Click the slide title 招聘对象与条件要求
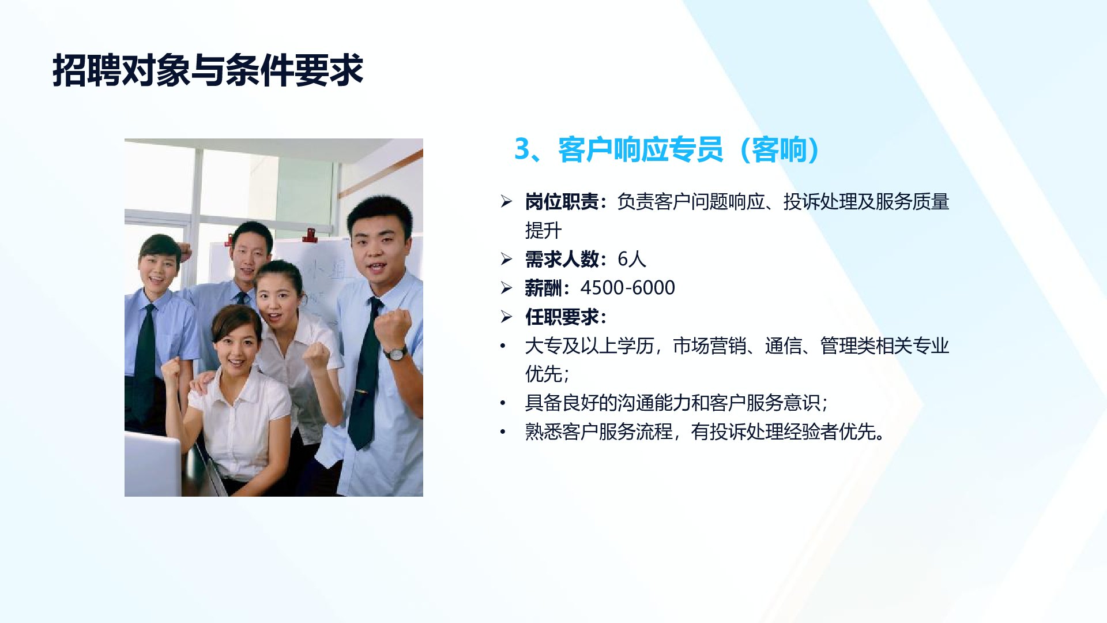[208, 70]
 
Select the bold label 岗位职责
[562, 202]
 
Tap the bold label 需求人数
[562, 260]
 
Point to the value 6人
[632, 260]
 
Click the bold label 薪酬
[543, 288]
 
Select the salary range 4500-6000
[628, 288]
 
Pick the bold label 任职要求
[562, 317]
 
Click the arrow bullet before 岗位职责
[506, 201]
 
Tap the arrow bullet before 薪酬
[506, 287]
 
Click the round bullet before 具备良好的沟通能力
[503, 403]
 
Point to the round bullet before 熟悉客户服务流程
[503, 431]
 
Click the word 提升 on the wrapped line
[543, 231]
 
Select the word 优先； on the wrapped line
[547, 374]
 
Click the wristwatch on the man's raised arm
[396, 352]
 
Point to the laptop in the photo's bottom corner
[153, 464]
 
